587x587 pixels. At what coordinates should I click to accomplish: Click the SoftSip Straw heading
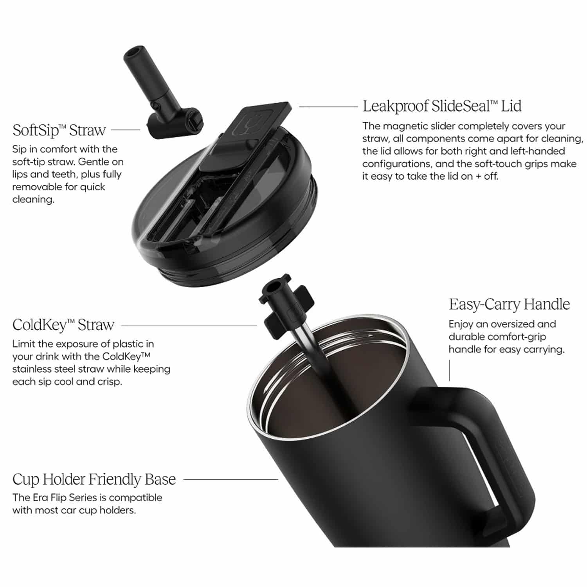coord(59,130)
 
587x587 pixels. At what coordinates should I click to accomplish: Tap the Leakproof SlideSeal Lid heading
coord(442,106)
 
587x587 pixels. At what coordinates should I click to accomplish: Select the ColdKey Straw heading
coord(63,325)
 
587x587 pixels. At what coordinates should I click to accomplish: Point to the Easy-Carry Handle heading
coord(509,304)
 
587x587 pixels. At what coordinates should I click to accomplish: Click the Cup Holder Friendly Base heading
coord(94,479)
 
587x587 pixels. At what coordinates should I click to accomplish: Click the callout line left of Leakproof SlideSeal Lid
coord(328,106)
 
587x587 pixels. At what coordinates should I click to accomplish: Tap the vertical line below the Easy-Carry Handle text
coord(450,370)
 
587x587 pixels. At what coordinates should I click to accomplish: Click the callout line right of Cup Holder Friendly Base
coord(230,479)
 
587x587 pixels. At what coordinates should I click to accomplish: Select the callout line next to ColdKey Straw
coord(189,325)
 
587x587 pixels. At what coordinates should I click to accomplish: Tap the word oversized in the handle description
coord(515,324)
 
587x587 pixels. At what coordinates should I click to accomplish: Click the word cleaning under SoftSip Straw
coord(33,200)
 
